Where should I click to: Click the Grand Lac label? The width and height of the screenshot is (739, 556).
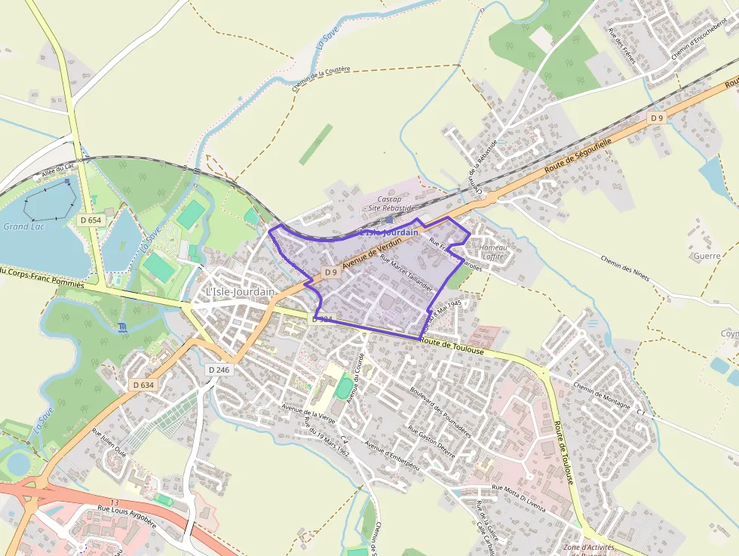tap(23, 226)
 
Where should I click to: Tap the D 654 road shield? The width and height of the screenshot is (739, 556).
tap(90, 220)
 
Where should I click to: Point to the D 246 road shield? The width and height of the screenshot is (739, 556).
tap(219, 370)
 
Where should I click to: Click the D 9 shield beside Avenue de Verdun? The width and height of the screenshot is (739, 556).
tap(330, 272)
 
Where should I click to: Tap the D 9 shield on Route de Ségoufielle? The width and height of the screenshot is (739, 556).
tap(658, 118)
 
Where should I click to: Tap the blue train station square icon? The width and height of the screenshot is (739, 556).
tap(388, 220)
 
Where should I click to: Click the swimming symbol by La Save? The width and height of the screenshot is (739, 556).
tap(123, 327)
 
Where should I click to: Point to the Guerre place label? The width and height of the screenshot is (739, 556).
tap(707, 256)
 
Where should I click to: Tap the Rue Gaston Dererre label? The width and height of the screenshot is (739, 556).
tap(431, 442)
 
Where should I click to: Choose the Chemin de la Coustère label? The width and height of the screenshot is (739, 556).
tap(321, 78)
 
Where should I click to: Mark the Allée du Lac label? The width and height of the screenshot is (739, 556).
tap(60, 170)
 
